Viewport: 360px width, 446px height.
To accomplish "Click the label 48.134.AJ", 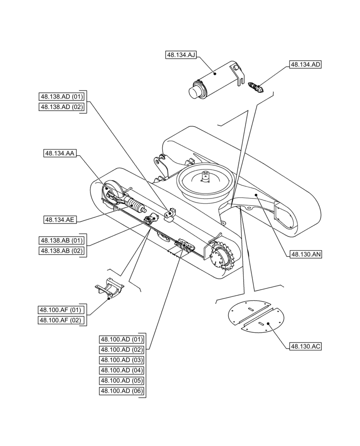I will [x=181, y=55].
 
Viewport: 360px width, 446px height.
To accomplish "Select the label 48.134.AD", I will [x=305, y=64].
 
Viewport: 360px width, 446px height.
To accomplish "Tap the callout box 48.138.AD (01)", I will [x=61, y=96].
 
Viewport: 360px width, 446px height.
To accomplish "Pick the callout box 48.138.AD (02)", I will [x=61, y=107].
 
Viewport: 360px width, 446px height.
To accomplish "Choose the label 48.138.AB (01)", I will [x=61, y=240].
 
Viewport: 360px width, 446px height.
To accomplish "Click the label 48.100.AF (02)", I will [x=61, y=320].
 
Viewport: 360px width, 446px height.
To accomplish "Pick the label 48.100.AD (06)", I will [x=122, y=392].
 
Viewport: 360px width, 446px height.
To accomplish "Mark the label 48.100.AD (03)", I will [x=122, y=360].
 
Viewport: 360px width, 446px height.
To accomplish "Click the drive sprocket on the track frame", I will [x=221, y=258].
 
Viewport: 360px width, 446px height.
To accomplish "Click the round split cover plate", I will [x=255, y=317].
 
